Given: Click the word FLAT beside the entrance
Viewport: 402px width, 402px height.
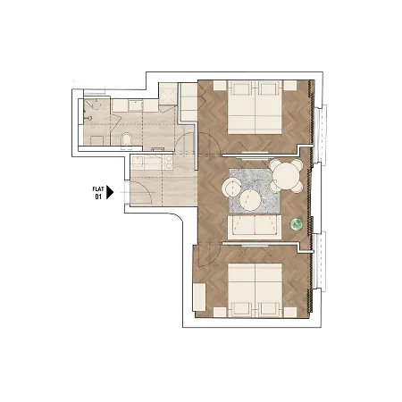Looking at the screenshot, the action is point(98,189).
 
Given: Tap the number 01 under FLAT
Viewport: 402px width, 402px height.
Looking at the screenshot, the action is point(98,197).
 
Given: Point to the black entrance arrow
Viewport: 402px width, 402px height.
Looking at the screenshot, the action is point(110,192).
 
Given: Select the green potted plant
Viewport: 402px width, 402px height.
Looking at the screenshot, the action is point(297,223).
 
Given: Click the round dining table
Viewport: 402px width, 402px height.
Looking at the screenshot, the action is point(286,176).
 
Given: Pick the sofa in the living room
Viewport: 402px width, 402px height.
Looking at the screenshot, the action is point(255,227).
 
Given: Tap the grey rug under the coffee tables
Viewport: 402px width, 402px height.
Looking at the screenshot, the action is point(255,190).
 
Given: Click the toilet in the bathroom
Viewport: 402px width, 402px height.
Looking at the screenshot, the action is point(126,140).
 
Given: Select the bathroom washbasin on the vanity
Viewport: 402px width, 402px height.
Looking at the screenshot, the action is point(136,105).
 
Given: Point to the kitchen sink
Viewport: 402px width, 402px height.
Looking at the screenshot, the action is point(138,163).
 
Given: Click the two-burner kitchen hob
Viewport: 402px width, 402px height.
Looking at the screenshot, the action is point(169,163).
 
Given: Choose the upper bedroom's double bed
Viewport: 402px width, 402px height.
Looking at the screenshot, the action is point(255,107).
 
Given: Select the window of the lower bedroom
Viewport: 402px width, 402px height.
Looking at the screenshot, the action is point(320,261).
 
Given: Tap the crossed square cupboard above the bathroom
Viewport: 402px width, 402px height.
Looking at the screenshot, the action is point(168,94).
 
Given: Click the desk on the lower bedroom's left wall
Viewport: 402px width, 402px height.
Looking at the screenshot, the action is point(199,297).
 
